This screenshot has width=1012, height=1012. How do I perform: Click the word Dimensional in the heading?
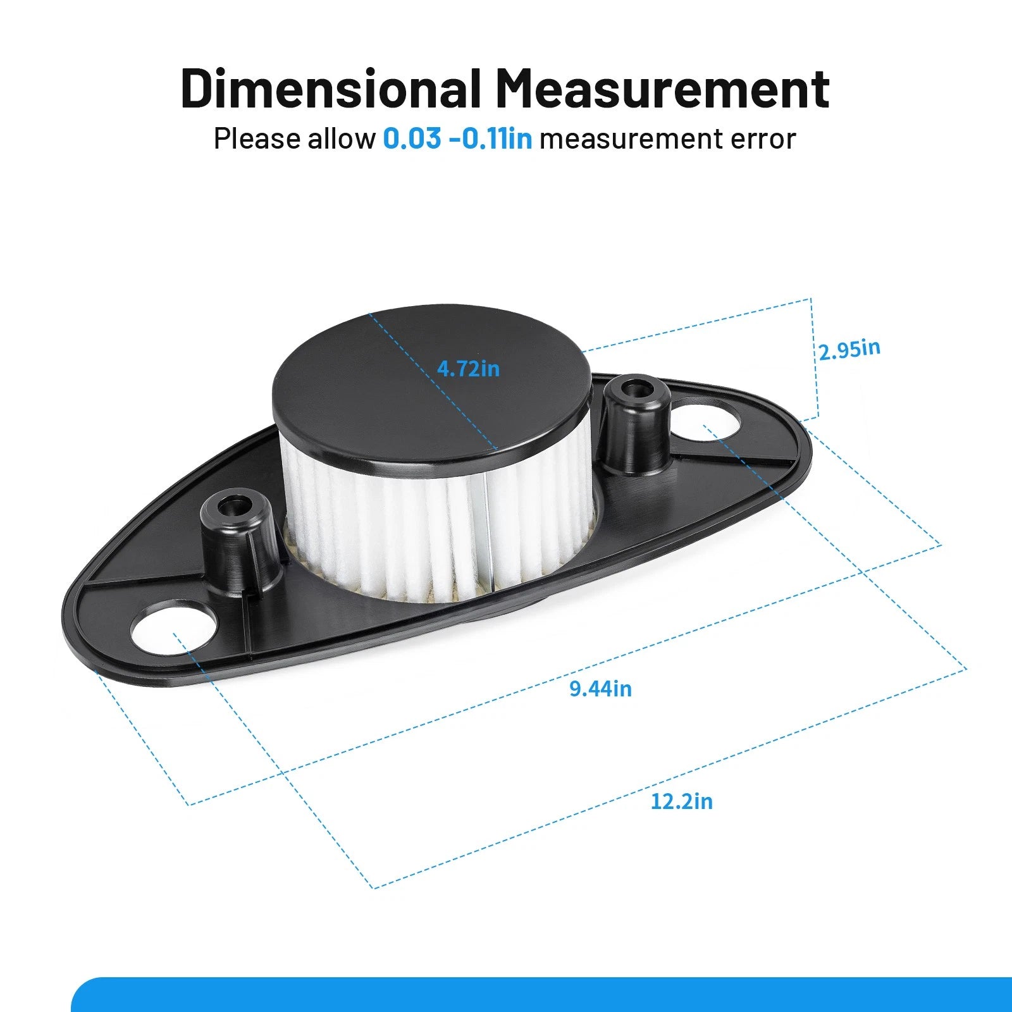pos(330,88)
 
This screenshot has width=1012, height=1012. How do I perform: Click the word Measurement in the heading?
pos(662,88)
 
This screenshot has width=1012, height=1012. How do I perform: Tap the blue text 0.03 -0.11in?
pos(457,139)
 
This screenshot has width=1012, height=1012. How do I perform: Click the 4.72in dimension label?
pos(468,368)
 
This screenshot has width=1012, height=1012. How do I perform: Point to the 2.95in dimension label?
pos(849,349)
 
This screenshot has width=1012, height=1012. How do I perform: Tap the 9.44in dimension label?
pos(600,688)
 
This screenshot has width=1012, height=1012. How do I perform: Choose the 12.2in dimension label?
pos(681,801)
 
